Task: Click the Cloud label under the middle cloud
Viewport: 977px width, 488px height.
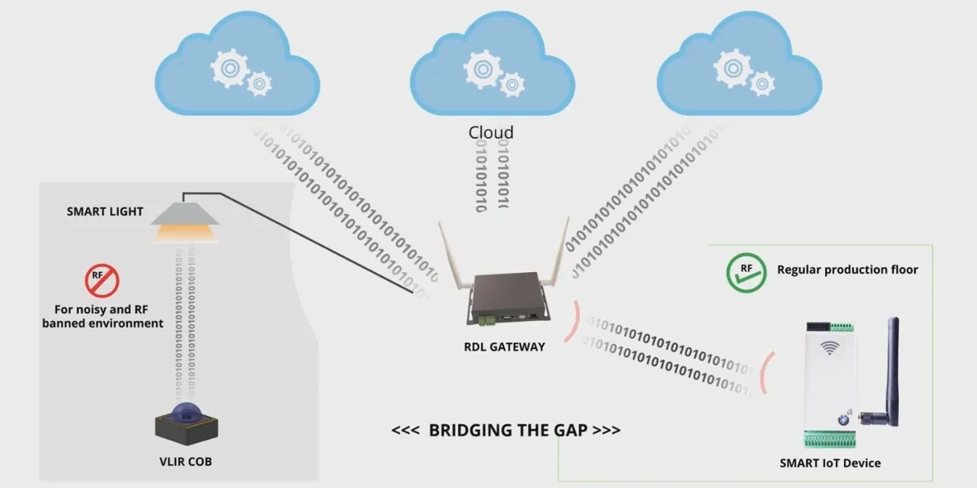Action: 491,132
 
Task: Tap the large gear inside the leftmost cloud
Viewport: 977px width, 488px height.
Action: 229,68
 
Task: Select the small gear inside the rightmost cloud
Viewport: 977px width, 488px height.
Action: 762,84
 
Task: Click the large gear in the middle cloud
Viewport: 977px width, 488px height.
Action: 483,69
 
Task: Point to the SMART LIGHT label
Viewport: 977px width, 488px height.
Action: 105,211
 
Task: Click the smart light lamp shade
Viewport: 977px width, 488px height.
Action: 184,214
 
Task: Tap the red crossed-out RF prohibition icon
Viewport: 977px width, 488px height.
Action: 102,280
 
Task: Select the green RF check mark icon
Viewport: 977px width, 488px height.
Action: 745,272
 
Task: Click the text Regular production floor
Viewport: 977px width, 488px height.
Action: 847,270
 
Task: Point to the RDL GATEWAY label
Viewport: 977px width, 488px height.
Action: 504,346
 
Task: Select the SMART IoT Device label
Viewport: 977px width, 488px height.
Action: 830,463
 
